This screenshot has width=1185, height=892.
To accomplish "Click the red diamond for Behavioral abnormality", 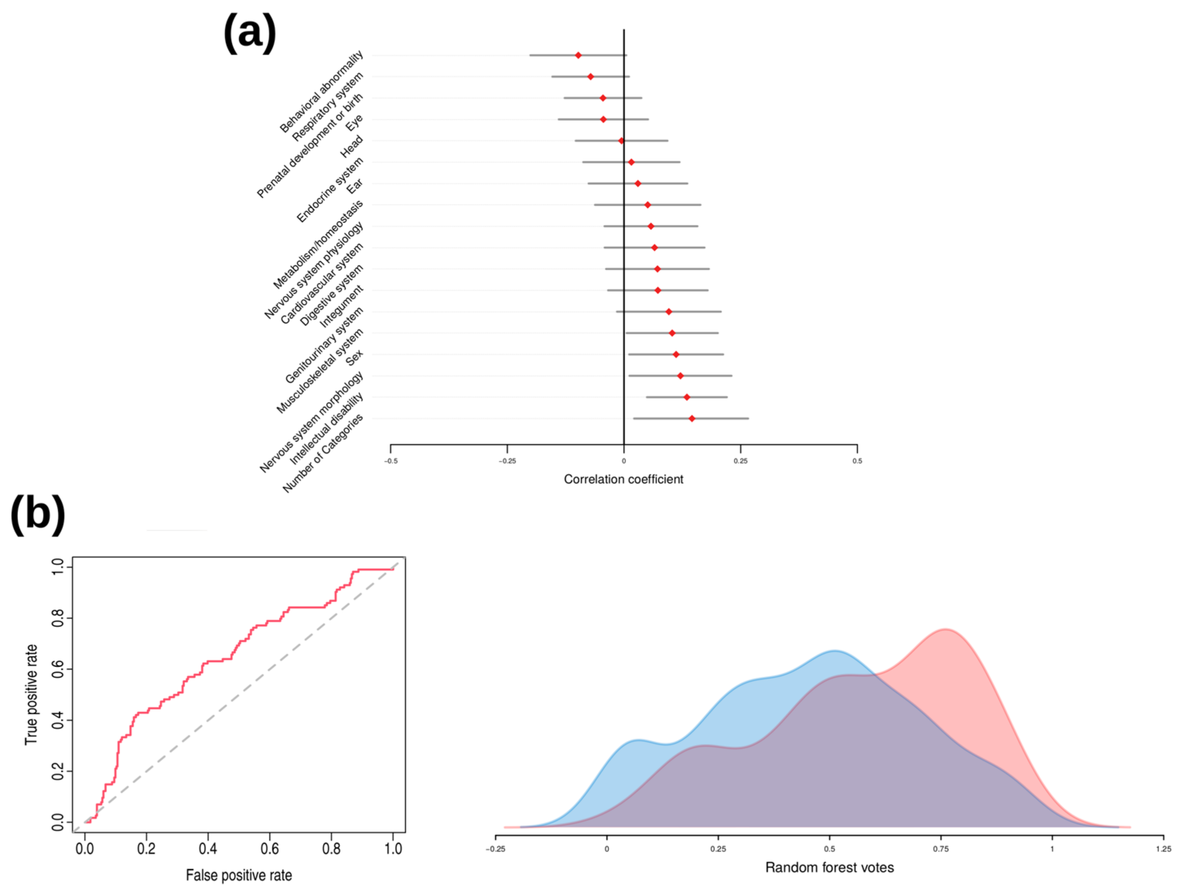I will pos(578,55).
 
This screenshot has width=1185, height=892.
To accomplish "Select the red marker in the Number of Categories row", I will pos(692,419).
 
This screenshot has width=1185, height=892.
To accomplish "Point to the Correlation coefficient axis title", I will pos(623,479).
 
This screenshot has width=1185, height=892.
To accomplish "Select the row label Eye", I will pos(354,123).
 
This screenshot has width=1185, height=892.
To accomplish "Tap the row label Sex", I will pos(354,357).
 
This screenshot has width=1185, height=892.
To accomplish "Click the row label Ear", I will pos(354,187).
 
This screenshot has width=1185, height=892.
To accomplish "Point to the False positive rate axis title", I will pos(239,875).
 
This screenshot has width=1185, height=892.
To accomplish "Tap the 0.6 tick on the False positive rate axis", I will pos(270,849).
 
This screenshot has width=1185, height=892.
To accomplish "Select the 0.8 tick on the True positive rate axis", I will pos(58,618).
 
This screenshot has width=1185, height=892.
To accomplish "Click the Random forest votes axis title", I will pos(829,867).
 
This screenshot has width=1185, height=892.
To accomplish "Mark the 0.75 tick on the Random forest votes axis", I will pos(941,849).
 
